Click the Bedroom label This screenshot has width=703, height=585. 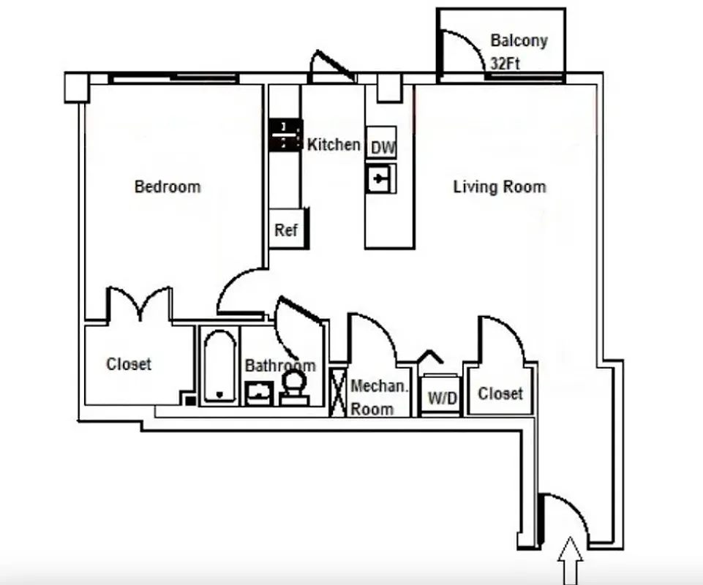pyautogui.click(x=167, y=187)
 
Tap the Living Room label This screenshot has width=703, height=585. pyautogui.click(x=499, y=187)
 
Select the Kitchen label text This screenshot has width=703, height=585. pyautogui.click(x=334, y=145)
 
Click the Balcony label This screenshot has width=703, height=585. pyautogui.click(x=518, y=40)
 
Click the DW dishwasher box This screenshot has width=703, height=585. pyautogui.click(x=382, y=148)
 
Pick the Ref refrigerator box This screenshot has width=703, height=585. pyautogui.click(x=286, y=230)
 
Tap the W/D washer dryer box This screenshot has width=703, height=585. pyautogui.click(x=442, y=399)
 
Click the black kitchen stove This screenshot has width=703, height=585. pyautogui.click(x=285, y=135)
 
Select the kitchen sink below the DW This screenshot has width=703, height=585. pyautogui.click(x=381, y=178)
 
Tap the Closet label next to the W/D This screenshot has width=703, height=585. pyautogui.click(x=500, y=393)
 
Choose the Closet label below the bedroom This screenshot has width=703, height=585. pyautogui.click(x=129, y=363)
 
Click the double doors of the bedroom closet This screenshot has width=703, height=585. pyautogui.click(x=140, y=304)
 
